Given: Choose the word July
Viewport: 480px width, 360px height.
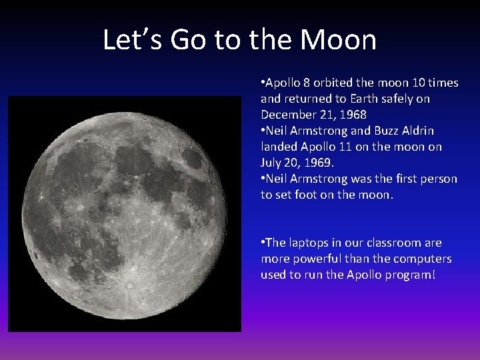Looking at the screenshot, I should [x=271, y=163].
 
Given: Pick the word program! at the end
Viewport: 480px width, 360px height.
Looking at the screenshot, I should [x=411, y=275].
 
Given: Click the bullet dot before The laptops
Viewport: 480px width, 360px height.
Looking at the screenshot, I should [x=263, y=243].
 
